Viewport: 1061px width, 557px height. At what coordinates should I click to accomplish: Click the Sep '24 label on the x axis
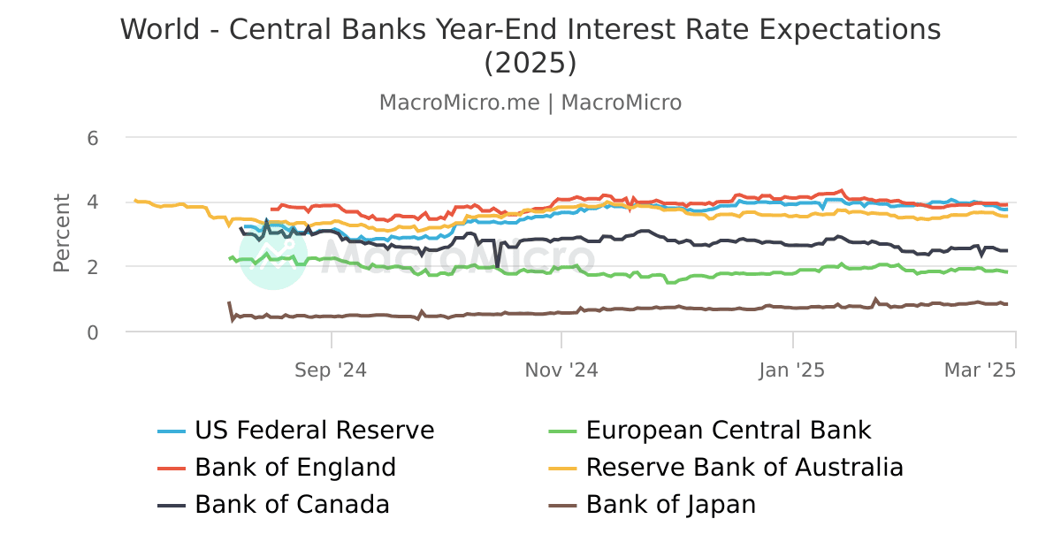pos(331,370)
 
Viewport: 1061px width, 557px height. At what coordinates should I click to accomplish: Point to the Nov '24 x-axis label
pos(561,370)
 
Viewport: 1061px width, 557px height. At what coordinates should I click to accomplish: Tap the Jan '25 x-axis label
pos(792,370)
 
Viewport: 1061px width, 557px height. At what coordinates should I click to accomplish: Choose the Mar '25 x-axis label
pos(980,370)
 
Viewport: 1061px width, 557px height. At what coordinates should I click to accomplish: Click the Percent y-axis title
pos(62,233)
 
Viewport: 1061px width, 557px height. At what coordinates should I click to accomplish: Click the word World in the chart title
pos(162,29)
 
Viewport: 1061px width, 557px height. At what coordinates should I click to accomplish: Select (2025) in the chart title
pos(530,64)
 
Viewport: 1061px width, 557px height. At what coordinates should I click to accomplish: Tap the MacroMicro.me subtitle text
pos(459,103)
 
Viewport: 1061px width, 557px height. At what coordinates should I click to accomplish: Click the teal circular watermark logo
pos(273,256)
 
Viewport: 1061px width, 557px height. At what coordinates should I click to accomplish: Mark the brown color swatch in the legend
pos(562,506)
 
